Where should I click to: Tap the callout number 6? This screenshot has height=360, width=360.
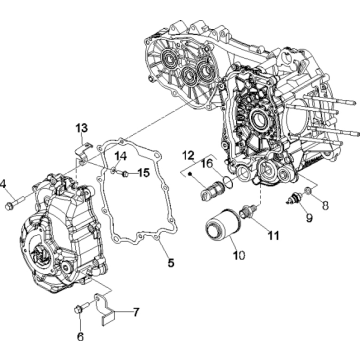click(80, 336)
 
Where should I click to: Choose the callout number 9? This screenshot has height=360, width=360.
click(307, 216)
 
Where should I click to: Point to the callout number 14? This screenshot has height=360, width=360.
click(119, 156)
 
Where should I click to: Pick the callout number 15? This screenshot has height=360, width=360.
click(143, 172)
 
